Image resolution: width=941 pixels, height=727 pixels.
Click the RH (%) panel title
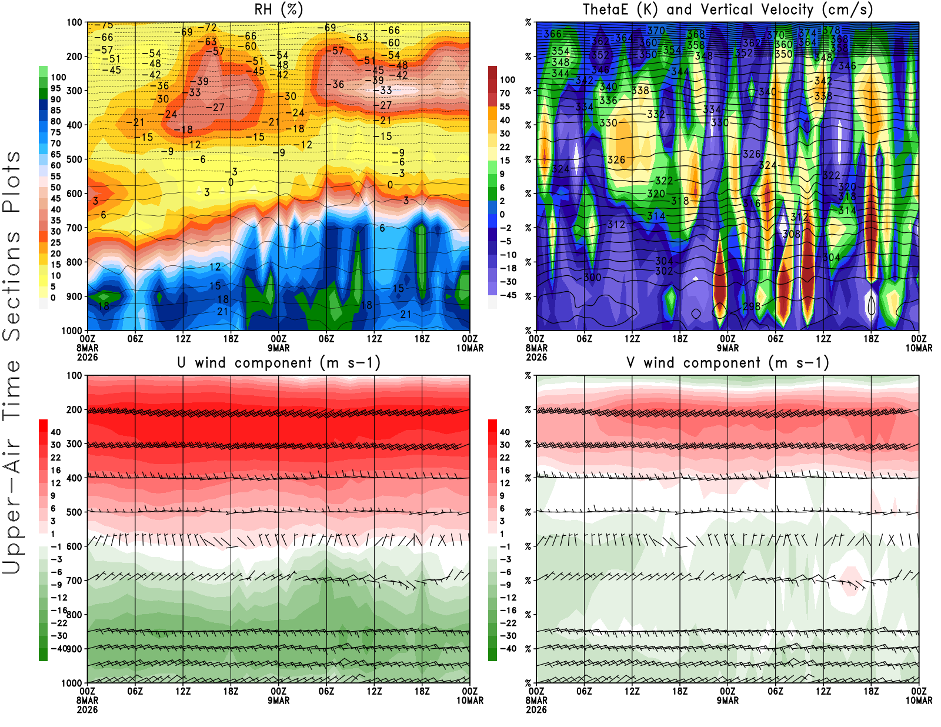point(278,9)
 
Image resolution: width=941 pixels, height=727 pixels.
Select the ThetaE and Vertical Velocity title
point(728,9)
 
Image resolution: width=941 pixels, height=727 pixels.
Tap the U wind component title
point(279,362)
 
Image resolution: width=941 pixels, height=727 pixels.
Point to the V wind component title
point(728,362)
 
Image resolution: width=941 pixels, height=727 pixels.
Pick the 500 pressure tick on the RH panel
point(75,159)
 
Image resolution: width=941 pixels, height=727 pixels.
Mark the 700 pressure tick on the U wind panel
point(75,581)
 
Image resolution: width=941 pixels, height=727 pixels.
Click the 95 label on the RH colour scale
point(55,88)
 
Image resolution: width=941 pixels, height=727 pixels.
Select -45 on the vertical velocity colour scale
point(508,295)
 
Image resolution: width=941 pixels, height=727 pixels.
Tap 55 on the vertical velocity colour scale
point(505,106)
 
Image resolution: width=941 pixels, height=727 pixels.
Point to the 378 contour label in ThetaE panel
point(831,30)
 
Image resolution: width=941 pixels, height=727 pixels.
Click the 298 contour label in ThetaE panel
point(751,306)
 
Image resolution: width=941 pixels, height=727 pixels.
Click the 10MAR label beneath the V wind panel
point(919,701)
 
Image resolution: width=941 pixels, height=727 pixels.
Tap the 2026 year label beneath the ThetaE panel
point(536,357)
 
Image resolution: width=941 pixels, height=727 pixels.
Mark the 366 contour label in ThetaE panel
point(552,34)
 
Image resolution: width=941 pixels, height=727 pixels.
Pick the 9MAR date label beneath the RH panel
point(279,348)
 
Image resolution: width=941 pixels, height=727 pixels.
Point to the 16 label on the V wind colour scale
point(505,470)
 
